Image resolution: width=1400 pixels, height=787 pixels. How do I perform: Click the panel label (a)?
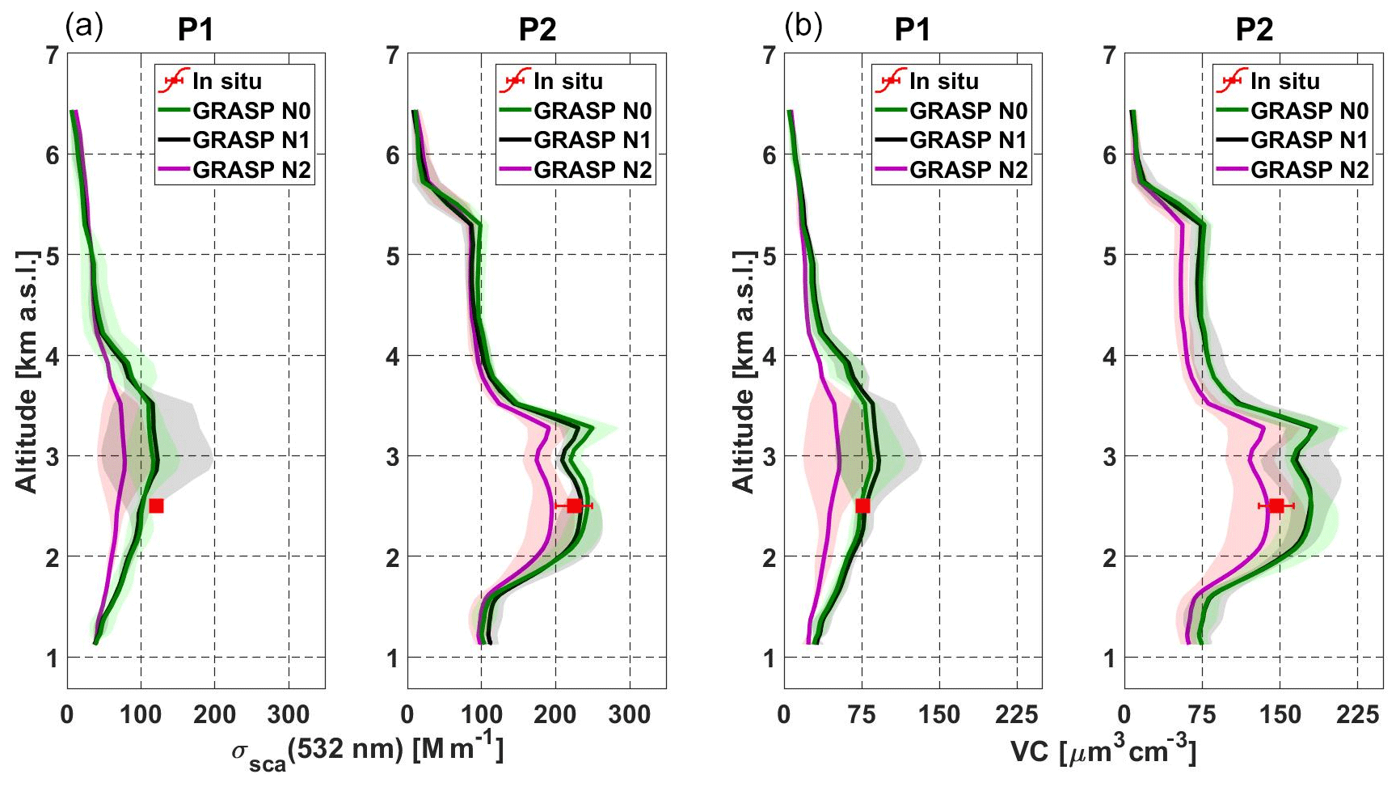(84, 28)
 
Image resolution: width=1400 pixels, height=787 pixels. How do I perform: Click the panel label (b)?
(803, 28)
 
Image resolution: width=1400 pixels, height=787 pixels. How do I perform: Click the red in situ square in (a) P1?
(156, 506)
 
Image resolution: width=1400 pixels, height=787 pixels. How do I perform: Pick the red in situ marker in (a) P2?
(574, 506)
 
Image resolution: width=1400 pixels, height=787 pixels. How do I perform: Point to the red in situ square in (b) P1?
(862, 506)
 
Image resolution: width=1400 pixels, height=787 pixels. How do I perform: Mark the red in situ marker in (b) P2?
(1276, 506)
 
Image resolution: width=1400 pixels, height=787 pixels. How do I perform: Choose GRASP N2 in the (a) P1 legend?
(251, 170)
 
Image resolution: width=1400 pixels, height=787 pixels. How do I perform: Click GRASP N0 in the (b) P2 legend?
(1309, 111)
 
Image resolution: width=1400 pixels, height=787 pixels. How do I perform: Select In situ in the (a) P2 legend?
(567, 81)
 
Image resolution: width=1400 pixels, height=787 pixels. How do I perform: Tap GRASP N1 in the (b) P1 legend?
(968, 140)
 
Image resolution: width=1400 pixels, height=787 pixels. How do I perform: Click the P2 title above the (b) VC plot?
(1254, 30)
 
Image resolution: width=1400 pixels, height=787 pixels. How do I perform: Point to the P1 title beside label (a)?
(196, 30)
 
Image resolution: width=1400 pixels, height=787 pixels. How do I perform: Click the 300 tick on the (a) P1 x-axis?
(289, 714)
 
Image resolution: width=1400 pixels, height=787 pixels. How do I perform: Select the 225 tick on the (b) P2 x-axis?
(1357, 714)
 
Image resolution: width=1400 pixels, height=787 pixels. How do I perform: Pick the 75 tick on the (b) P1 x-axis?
(862, 714)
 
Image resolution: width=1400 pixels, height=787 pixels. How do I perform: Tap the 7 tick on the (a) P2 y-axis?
(393, 55)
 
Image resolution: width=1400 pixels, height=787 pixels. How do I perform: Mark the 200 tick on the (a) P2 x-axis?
(555, 714)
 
